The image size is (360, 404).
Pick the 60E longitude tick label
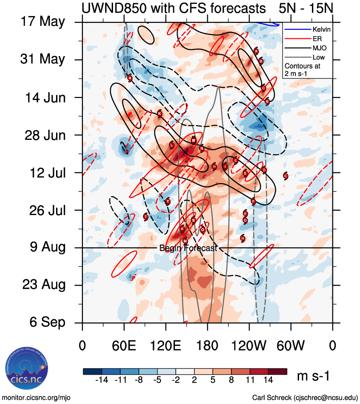coord(124,346)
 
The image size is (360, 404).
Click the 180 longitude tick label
coord(207,346)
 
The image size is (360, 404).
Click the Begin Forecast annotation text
coord(188,248)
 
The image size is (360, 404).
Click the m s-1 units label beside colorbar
coord(313,376)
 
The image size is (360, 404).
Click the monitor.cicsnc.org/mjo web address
coord(36,397)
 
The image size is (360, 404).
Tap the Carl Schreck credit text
coord(305,397)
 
